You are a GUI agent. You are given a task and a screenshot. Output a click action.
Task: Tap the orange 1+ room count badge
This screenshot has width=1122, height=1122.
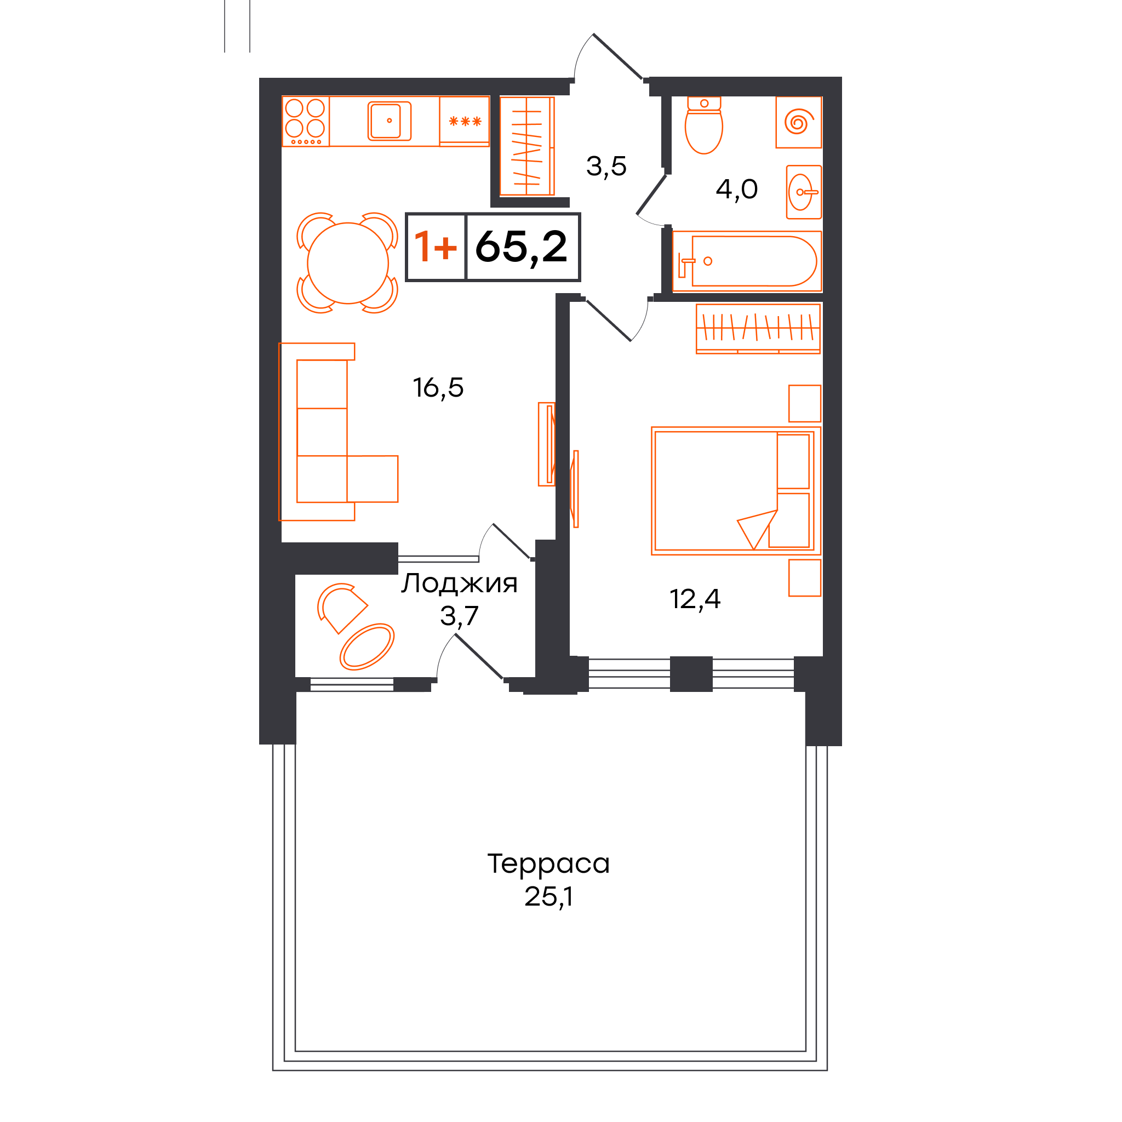tap(436, 247)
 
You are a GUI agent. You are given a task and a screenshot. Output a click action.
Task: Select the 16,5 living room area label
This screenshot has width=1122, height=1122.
tap(438, 388)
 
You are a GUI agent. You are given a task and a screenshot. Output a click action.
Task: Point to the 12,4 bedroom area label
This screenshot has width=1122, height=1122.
tap(695, 599)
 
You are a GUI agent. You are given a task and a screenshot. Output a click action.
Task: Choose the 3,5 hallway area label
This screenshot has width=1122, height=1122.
tap(606, 167)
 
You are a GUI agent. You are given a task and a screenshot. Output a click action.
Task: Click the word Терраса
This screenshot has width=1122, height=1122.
tap(548, 863)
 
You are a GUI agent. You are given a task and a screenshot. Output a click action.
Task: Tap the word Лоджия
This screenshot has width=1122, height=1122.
tap(459, 583)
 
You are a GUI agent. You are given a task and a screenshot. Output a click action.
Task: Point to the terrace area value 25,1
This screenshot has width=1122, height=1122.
tap(548, 897)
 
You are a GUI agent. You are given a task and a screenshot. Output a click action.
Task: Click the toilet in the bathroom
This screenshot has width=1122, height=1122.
tap(704, 125)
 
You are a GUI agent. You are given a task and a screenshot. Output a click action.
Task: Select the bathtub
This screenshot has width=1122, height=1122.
tap(747, 261)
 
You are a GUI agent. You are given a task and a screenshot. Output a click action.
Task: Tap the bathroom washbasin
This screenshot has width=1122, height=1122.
tap(804, 192)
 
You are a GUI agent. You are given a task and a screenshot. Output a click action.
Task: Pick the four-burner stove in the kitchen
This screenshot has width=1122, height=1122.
tap(306, 122)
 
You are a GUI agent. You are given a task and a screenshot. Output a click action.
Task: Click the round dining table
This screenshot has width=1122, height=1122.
tap(347, 263)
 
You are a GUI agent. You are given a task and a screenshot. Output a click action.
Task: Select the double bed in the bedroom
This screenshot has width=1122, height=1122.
tap(736, 491)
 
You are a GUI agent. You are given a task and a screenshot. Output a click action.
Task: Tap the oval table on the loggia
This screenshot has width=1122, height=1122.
tap(367, 647)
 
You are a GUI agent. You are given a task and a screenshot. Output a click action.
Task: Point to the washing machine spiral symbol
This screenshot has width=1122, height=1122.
tap(799, 123)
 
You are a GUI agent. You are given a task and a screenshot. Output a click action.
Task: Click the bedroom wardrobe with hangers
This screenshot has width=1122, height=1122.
tap(758, 329)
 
